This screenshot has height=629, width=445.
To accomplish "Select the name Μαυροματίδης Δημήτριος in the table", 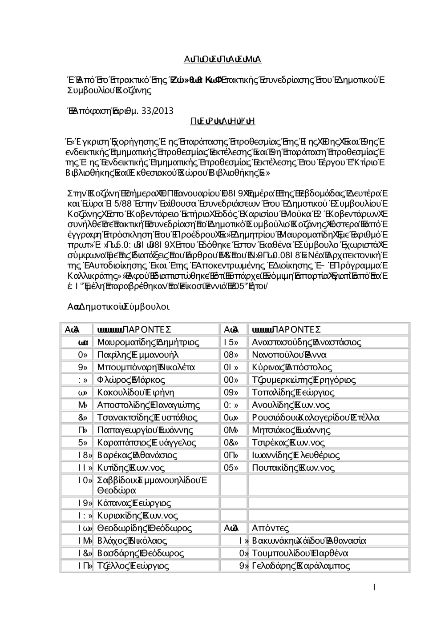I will [x=148, y=342].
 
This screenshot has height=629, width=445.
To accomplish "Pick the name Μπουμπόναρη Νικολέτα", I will [x=146, y=367].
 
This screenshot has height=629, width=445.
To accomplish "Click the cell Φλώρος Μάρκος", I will [x=131, y=380].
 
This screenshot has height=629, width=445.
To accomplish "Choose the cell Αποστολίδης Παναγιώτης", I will [x=148, y=405].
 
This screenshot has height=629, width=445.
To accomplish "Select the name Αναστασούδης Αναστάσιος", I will [x=307, y=342].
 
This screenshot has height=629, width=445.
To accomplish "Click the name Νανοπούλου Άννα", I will [x=289, y=355].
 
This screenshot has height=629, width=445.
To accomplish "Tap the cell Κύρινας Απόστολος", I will [x=292, y=367].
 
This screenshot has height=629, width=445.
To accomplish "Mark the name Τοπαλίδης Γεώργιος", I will [x=293, y=393].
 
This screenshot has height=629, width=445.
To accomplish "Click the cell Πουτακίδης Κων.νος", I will [x=293, y=468].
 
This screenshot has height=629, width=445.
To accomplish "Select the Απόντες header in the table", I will [x=270, y=528].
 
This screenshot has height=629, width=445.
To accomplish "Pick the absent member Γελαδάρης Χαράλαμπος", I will [x=301, y=566].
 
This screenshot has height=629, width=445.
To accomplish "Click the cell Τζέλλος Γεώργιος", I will [x=133, y=566].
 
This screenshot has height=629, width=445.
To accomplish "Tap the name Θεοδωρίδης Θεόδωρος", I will [x=144, y=528].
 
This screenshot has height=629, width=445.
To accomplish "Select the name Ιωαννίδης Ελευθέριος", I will [x=295, y=455].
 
